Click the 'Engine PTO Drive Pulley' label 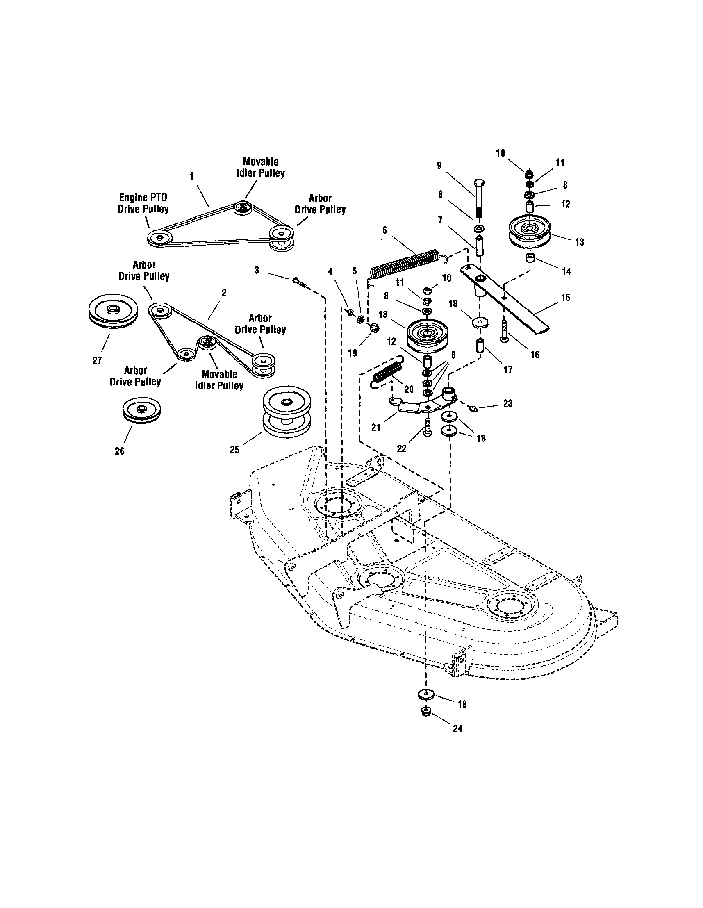143,203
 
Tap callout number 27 97,361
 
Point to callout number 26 119,451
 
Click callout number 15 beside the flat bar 565,297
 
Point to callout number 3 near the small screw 257,270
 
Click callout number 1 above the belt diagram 191,177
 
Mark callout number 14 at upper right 566,271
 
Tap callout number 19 353,353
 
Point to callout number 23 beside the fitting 507,403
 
